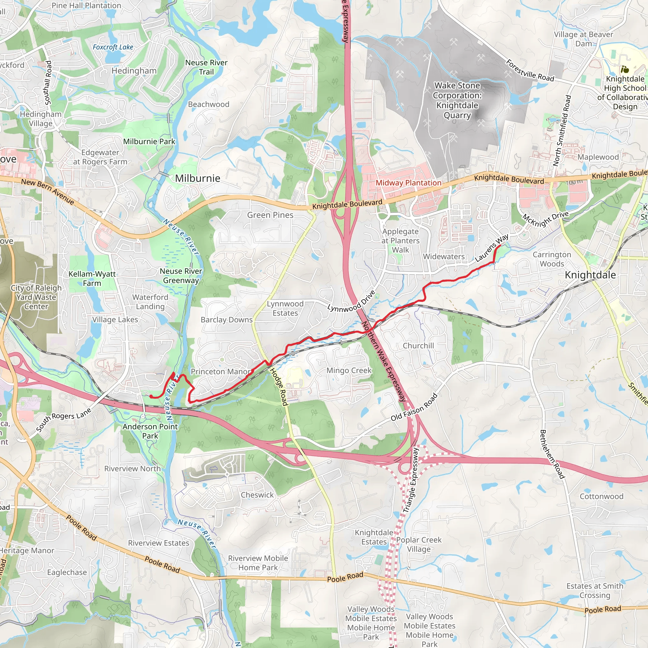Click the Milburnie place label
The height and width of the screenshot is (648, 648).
(x=197, y=178)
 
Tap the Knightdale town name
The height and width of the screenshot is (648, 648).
(x=590, y=275)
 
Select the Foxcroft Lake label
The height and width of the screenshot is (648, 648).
(x=113, y=47)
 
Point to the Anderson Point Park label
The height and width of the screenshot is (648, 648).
(x=150, y=431)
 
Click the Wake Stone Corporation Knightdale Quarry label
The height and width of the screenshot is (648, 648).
(x=457, y=100)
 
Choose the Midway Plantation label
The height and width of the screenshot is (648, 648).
(x=408, y=183)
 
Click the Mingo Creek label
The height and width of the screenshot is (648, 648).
(x=349, y=370)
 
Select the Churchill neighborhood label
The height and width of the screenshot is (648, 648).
(x=418, y=346)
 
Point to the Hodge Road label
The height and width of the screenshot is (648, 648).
(x=279, y=387)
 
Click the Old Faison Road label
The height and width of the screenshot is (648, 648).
(x=414, y=407)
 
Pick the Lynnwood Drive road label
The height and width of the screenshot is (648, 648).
(x=351, y=302)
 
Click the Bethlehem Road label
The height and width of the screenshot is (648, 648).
(x=552, y=454)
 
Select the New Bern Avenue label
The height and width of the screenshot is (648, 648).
(x=48, y=191)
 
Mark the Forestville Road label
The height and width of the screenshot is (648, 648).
(x=530, y=71)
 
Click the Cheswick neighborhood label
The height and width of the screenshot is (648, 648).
(x=257, y=495)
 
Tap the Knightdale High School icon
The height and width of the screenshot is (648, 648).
(x=624, y=69)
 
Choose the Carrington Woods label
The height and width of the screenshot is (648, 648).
(x=552, y=259)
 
